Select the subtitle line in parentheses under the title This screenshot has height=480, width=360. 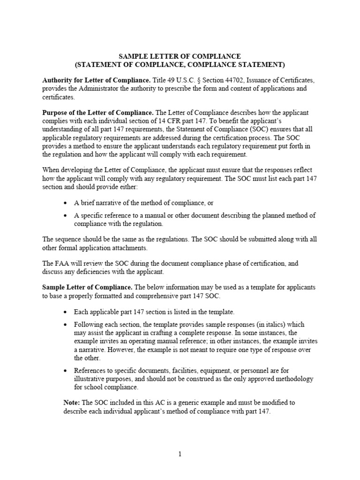pos(180,65)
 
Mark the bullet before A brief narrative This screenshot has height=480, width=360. pos(65,202)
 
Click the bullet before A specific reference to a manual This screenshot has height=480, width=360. pos(65,216)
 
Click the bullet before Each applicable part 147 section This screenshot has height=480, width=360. pos(65,312)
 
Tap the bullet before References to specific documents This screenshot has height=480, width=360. pos(65,371)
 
